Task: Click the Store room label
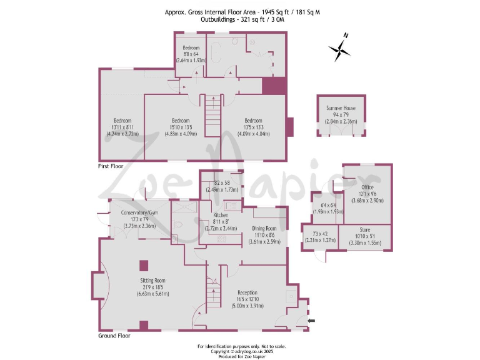click(x=364, y=230)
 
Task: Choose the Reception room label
click(x=247, y=292)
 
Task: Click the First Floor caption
click(x=110, y=167)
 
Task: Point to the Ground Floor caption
click(x=114, y=336)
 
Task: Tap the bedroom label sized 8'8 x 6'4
click(x=191, y=48)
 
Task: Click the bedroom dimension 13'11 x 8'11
click(x=122, y=127)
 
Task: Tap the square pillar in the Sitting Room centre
click(x=143, y=265)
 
